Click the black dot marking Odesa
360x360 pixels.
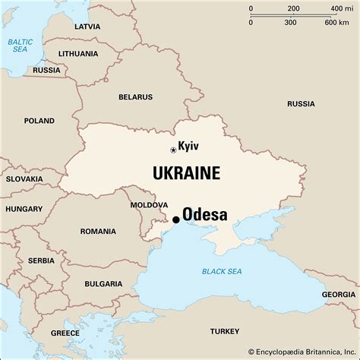tap(176, 219)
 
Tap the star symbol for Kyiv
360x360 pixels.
tap(172, 150)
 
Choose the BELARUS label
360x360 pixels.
tap(135, 96)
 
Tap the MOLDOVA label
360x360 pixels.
tap(149, 205)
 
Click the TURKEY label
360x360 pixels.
tap(224, 330)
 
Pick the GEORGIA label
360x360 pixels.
tap(338, 294)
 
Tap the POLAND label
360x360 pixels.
tap(39, 121)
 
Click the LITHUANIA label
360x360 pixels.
tap(77, 54)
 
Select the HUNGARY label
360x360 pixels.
tap(24, 208)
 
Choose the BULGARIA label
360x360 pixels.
tap(104, 283)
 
